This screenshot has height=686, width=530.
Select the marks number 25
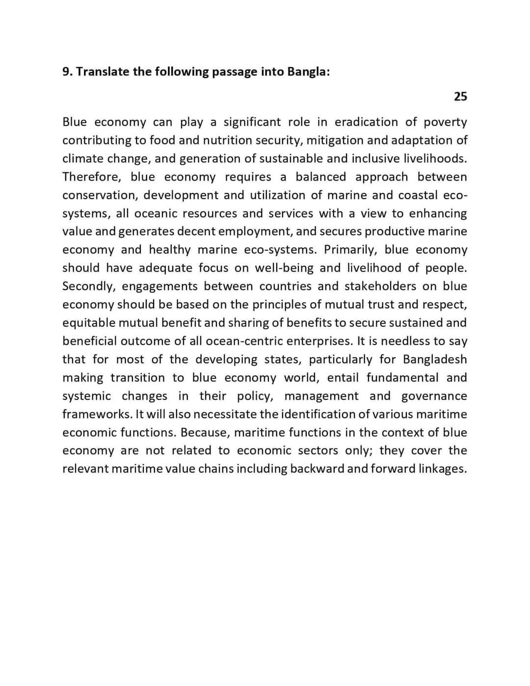[x=460, y=97]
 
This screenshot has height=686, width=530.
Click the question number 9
[x=67, y=72]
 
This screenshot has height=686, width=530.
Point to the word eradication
[x=366, y=122]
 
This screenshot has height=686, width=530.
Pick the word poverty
[x=445, y=122]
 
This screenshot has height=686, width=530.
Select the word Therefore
[x=91, y=177]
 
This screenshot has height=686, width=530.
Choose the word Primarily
[x=350, y=250]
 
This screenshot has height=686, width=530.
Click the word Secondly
[x=88, y=287]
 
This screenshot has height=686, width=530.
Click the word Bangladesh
[x=435, y=360]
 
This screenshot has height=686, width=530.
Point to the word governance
[x=434, y=396]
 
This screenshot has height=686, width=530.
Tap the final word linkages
[x=442, y=469]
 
